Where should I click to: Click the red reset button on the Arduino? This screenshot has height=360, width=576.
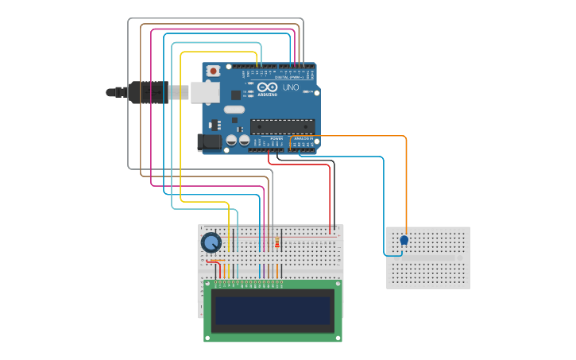click(213, 71)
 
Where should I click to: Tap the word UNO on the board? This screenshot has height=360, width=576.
click(291, 87)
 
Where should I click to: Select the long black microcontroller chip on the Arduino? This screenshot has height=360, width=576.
click(282, 126)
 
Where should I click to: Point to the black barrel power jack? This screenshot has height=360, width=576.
click(208, 142)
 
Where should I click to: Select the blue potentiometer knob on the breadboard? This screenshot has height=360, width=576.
click(211, 242)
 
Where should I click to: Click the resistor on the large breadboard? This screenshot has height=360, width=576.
click(276, 242)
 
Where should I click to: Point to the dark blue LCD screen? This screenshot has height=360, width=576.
click(273, 310)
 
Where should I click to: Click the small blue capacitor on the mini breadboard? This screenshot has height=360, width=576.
click(404, 240)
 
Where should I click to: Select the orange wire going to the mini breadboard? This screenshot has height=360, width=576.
click(406, 183)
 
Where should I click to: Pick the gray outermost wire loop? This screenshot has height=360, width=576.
click(129, 95)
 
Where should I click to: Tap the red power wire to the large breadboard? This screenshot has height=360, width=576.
click(329, 199)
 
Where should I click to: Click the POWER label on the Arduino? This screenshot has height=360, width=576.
click(276, 138)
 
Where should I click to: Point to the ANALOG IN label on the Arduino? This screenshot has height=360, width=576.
click(303, 138)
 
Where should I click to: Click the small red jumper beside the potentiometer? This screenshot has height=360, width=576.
click(213, 261)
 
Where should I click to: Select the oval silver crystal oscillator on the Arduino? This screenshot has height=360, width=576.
click(234, 109)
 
